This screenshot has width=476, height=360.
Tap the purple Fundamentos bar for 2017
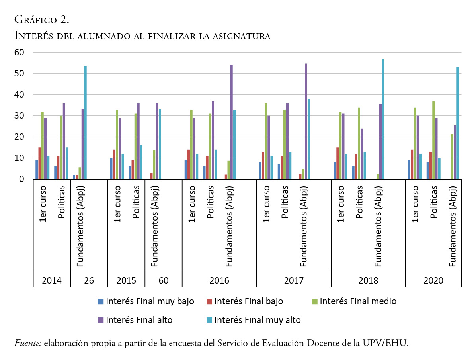point(306,121)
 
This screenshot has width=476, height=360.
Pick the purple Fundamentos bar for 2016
point(232,121)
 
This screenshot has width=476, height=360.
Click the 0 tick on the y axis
point(23,179)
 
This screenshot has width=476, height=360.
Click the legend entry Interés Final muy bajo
point(146,301)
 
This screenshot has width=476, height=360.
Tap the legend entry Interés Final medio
point(354,301)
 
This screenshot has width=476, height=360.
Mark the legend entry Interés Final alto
point(135,320)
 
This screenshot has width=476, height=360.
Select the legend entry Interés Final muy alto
point(254,320)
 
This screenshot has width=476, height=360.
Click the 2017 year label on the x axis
point(294,280)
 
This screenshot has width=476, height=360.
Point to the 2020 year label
point(433,280)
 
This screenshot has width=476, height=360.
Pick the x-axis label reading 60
point(164,280)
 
